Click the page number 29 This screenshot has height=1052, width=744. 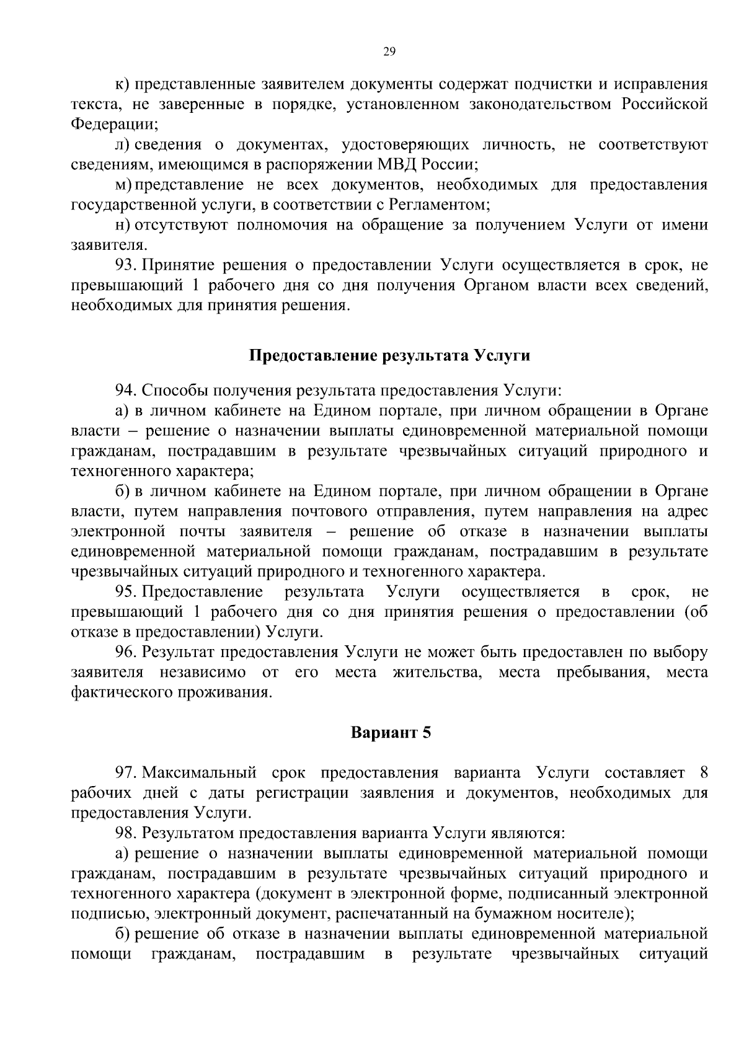click(389, 52)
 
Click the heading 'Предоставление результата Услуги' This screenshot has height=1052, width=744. click(389, 356)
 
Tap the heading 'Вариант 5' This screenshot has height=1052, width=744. click(390, 733)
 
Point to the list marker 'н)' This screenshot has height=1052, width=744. click(122, 226)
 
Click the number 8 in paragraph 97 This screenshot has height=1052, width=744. click(703, 773)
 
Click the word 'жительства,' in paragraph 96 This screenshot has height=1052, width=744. click(437, 673)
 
